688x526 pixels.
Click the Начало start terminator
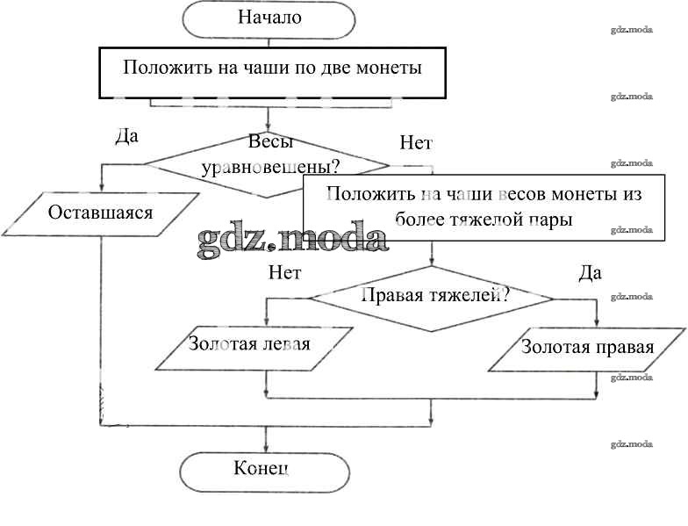269,18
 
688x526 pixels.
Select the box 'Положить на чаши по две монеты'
271,68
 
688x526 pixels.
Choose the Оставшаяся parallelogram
101,213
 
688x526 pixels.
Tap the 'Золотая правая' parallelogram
587,347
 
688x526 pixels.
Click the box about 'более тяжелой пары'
484,207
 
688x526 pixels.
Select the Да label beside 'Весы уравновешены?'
127,138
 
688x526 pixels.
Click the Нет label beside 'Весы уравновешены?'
415,143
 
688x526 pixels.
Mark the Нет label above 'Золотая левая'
285,272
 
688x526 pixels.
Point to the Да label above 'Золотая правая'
591,273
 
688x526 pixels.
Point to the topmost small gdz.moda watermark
632,29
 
